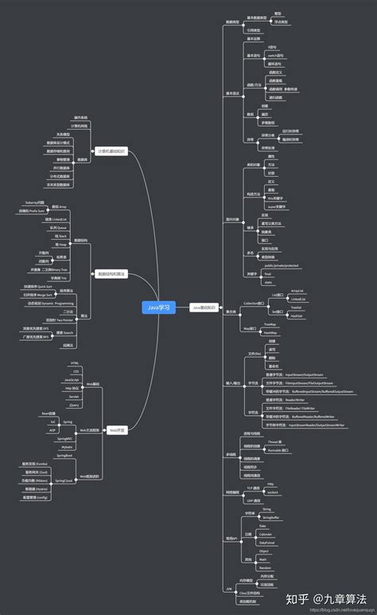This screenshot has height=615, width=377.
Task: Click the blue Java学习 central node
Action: (x=158, y=307)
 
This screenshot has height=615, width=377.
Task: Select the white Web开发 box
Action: (x=118, y=429)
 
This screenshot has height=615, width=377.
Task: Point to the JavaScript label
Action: (x=72, y=380)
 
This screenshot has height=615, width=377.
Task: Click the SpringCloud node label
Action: (x=64, y=481)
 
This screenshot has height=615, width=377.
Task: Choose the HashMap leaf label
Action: (x=270, y=332)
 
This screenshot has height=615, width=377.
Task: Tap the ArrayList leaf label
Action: (x=297, y=292)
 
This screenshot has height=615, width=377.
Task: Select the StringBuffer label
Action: (x=270, y=516)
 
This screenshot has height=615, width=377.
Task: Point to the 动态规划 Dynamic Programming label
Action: (x=52, y=303)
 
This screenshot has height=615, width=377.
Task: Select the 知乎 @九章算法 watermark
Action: (x=330, y=597)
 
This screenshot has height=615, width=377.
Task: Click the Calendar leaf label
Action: (x=266, y=534)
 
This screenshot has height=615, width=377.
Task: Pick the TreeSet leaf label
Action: (x=296, y=307)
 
